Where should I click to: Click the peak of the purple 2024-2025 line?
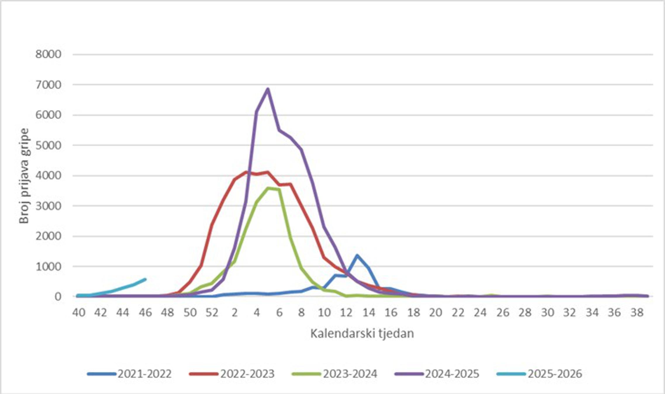point(267,89)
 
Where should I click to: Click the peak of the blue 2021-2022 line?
point(357,255)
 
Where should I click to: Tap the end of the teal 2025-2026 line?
point(145,279)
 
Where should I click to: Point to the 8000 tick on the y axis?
point(48,54)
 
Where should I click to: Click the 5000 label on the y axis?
point(48,145)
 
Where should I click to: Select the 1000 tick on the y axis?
point(48,266)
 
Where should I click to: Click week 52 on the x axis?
point(212,313)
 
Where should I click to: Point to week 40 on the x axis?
point(79,313)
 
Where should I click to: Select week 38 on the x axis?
point(636,313)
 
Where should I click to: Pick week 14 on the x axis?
point(369,313)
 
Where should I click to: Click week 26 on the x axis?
point(502,313)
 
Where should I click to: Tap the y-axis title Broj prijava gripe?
point(24,176)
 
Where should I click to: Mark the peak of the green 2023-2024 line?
point(268,188)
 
